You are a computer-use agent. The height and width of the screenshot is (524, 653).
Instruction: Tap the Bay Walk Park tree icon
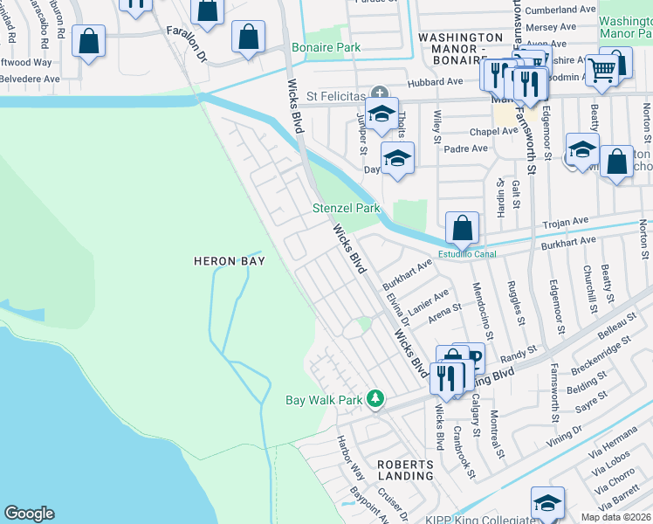tap(375, 398)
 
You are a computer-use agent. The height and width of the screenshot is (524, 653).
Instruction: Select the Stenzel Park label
tap(347, 209)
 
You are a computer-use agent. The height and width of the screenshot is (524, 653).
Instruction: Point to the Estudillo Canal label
tap(466, 255)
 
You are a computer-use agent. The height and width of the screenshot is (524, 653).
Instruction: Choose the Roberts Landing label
tap(405, 470)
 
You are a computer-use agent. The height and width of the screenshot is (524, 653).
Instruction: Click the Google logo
tap(29, 514)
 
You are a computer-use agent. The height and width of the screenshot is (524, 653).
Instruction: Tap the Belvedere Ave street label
tap(30, 78)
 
